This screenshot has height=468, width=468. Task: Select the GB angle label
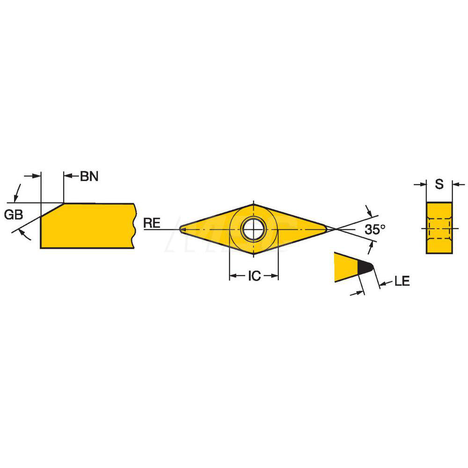[14, 215]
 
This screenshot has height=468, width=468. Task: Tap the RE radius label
[152, 223]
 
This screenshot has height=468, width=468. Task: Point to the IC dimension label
[254, 276]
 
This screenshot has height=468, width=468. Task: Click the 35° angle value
[375, 229]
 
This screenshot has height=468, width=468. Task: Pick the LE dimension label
[402, 281]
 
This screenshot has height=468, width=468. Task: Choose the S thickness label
[439, 184]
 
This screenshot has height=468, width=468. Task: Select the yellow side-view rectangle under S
[439, 228]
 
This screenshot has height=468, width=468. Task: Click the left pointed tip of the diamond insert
[182, 229]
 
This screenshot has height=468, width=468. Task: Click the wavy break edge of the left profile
[135, 226]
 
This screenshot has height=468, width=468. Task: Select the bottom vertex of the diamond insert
[253, 255]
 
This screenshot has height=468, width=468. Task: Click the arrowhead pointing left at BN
[67, 176]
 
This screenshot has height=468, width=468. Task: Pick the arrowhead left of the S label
[424, 184]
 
